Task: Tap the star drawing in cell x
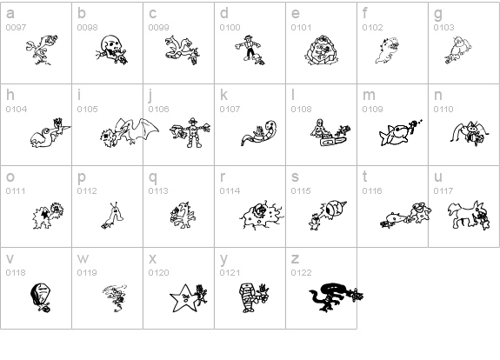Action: tap(183, 298)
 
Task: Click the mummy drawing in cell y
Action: tap(249, 297)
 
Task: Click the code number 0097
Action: tap(16, 28)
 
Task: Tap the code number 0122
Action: tap(301, 273)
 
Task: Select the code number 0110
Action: tap(443, 109)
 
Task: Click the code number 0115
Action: tap(301, 190)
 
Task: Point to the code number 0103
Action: tap(443, 28)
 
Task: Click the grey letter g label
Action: tap(438, 14)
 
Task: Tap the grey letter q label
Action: tap(153, 177)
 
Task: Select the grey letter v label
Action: tap(10, 258)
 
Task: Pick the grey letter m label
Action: tap(369, 95)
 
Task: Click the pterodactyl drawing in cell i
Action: tap(137, 130)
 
